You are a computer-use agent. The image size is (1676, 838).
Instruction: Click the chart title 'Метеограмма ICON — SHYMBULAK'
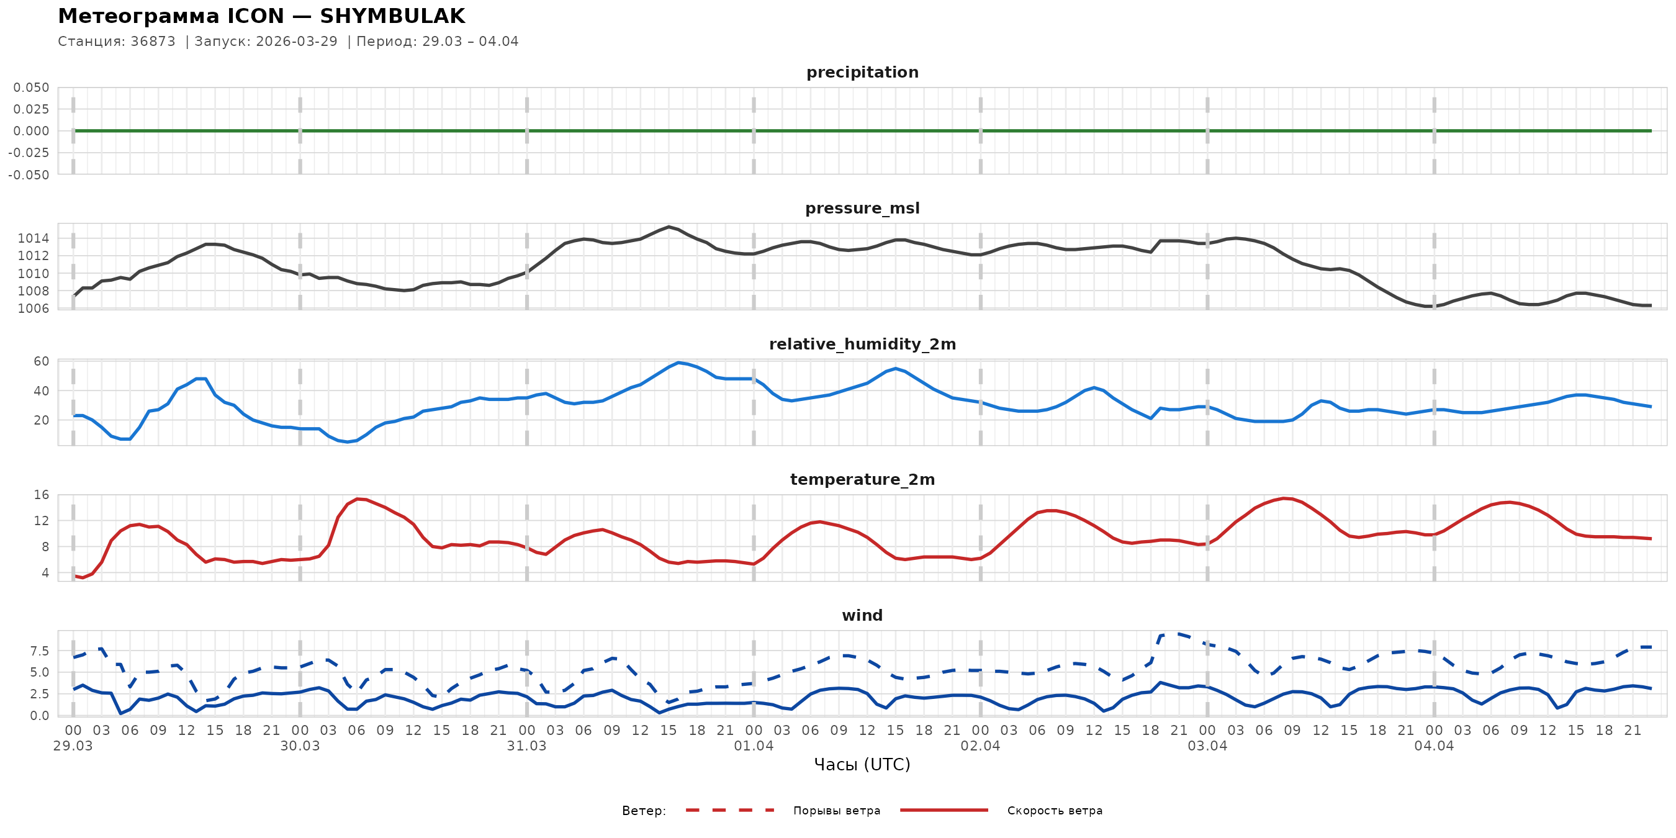261,16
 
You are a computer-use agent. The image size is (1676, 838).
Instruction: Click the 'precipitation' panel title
862,72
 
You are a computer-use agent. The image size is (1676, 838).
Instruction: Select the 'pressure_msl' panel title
862,208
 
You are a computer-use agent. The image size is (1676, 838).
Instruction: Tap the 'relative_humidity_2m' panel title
862,344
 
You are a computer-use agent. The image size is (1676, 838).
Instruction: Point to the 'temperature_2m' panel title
862,479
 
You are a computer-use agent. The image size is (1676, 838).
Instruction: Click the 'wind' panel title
862,616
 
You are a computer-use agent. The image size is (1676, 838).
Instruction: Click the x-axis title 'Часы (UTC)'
862,765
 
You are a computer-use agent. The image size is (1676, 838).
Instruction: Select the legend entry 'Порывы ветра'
836,811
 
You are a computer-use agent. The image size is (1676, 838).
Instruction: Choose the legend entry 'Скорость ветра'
1054,811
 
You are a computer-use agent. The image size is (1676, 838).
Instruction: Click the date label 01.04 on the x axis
754,746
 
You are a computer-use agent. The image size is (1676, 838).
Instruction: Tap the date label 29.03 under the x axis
73,746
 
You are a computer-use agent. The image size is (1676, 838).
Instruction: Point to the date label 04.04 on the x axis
1434,746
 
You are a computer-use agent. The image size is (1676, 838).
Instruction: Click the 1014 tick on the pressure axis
33,238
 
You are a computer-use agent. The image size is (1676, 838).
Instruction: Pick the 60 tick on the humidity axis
41,361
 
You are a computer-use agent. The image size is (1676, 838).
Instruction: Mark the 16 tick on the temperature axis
41,495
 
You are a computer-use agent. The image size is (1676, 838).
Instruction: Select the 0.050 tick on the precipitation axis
31,88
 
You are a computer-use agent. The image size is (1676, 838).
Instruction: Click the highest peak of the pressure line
669,227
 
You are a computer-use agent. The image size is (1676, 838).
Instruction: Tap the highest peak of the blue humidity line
678,363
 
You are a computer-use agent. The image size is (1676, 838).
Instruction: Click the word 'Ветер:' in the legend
644,811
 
